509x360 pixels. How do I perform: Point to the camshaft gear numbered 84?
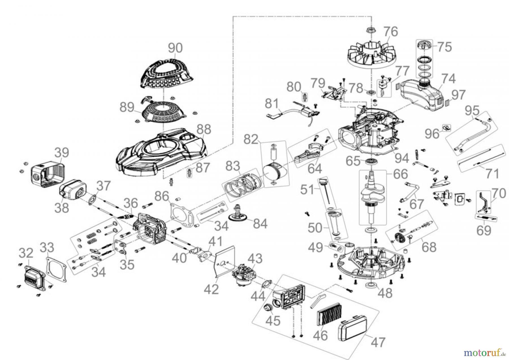pos(241,221)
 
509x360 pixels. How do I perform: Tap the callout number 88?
pos(204,129)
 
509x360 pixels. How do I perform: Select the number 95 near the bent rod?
pos(471,110)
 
